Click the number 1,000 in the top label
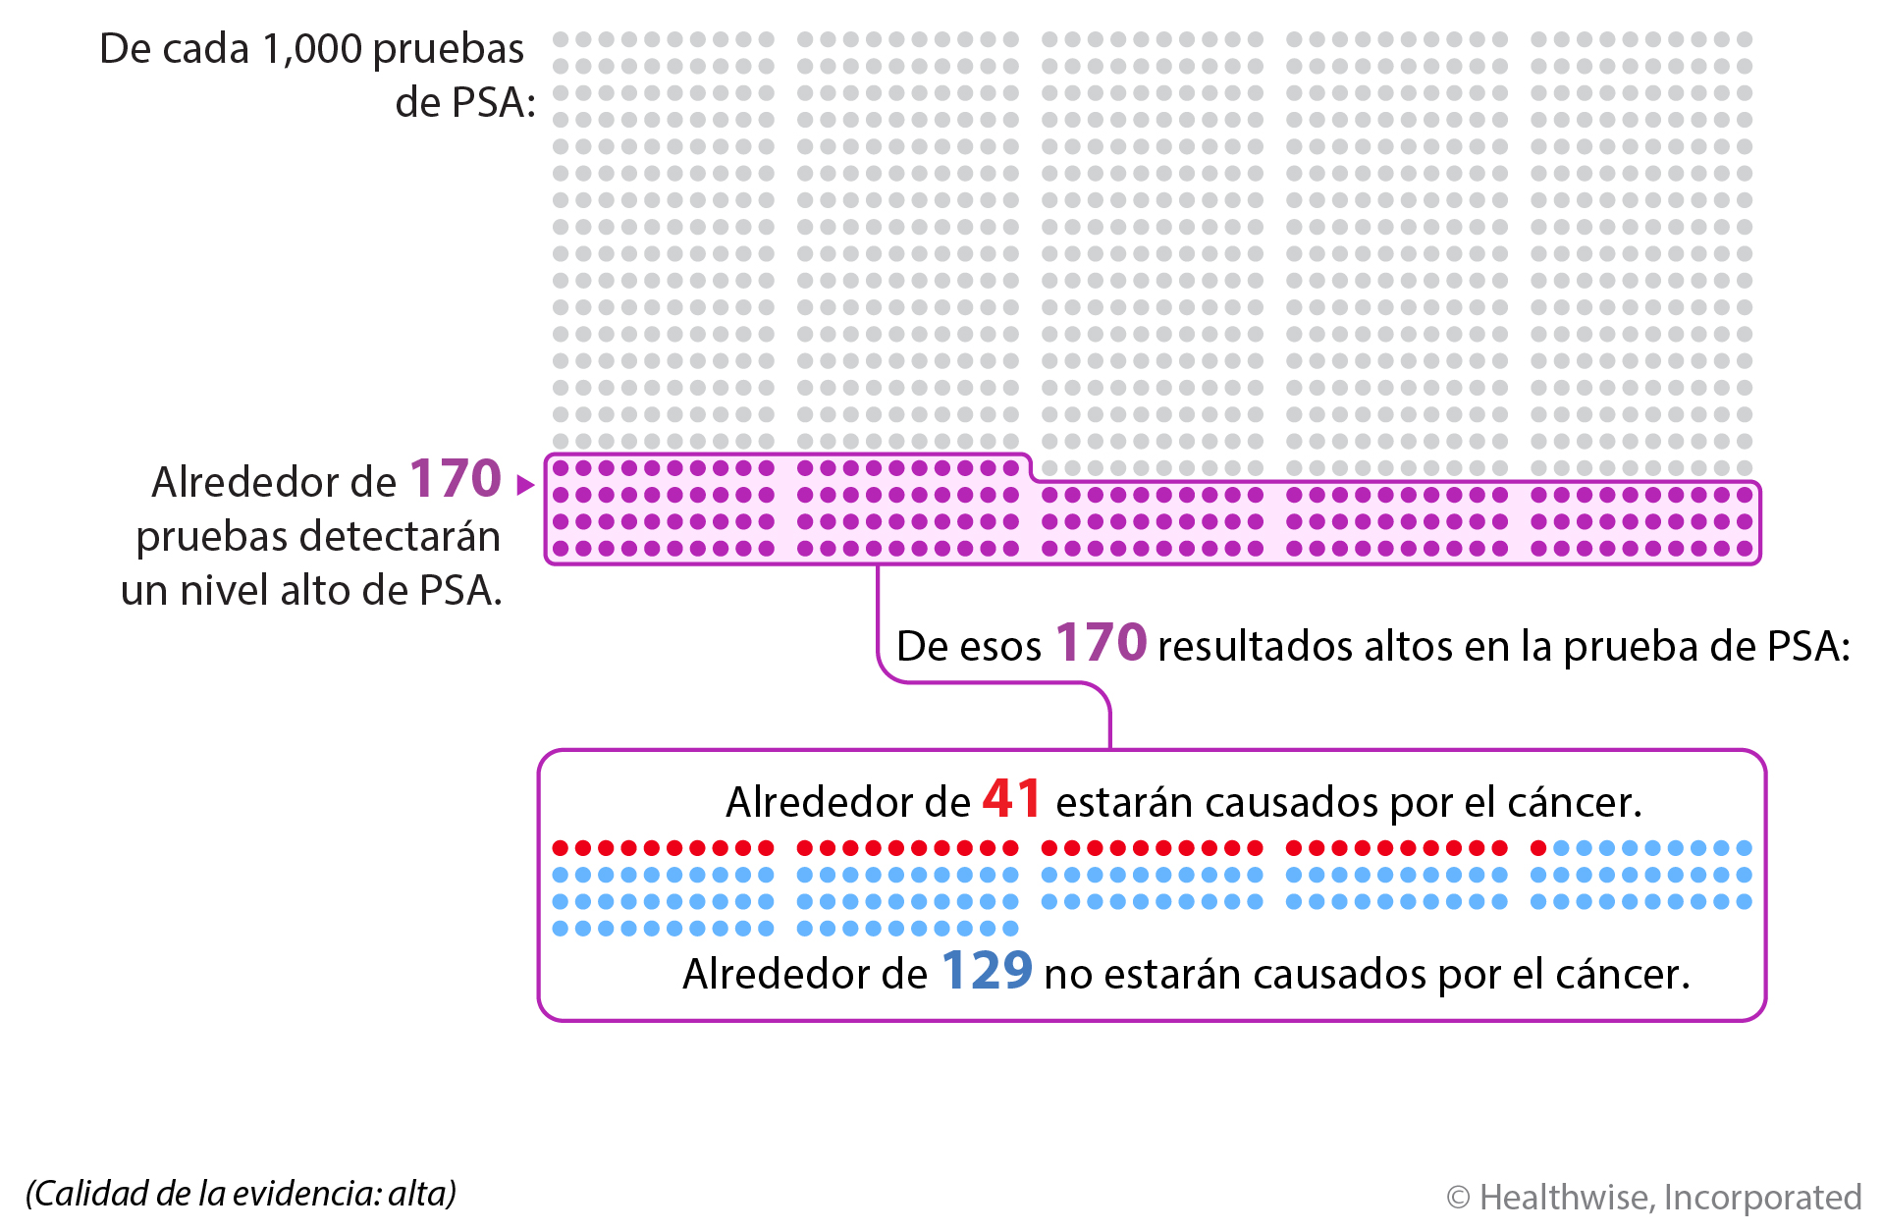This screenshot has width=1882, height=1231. [x=312, y=49]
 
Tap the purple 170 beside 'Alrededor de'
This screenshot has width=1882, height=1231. [x=456, y=479]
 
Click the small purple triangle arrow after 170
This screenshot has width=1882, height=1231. [x=525, y=484]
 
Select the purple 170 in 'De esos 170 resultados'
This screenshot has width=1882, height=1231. [x=1101, y=643]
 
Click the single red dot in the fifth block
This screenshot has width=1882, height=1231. [x=1538, y=848]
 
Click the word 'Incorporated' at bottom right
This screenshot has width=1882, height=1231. [x=1762, y=1198]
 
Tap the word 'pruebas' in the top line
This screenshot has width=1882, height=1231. [x=449, y=49]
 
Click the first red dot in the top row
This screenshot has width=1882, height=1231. [x=561, y=848]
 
